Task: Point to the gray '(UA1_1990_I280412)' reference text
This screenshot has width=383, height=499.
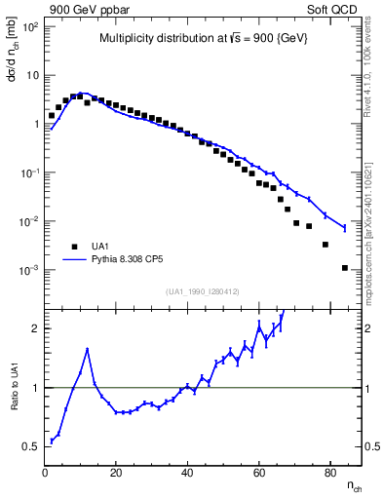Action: click(202, 291)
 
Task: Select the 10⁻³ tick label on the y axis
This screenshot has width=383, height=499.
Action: click(29, 270)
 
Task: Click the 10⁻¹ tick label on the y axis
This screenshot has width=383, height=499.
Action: click(29, 173)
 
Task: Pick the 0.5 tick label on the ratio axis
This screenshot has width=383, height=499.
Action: click(31, 446)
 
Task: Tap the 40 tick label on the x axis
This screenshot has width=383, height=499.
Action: click(187, 474)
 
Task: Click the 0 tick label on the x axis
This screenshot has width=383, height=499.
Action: click(45, 474)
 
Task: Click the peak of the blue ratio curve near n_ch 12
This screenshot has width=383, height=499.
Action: click(88, 349)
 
